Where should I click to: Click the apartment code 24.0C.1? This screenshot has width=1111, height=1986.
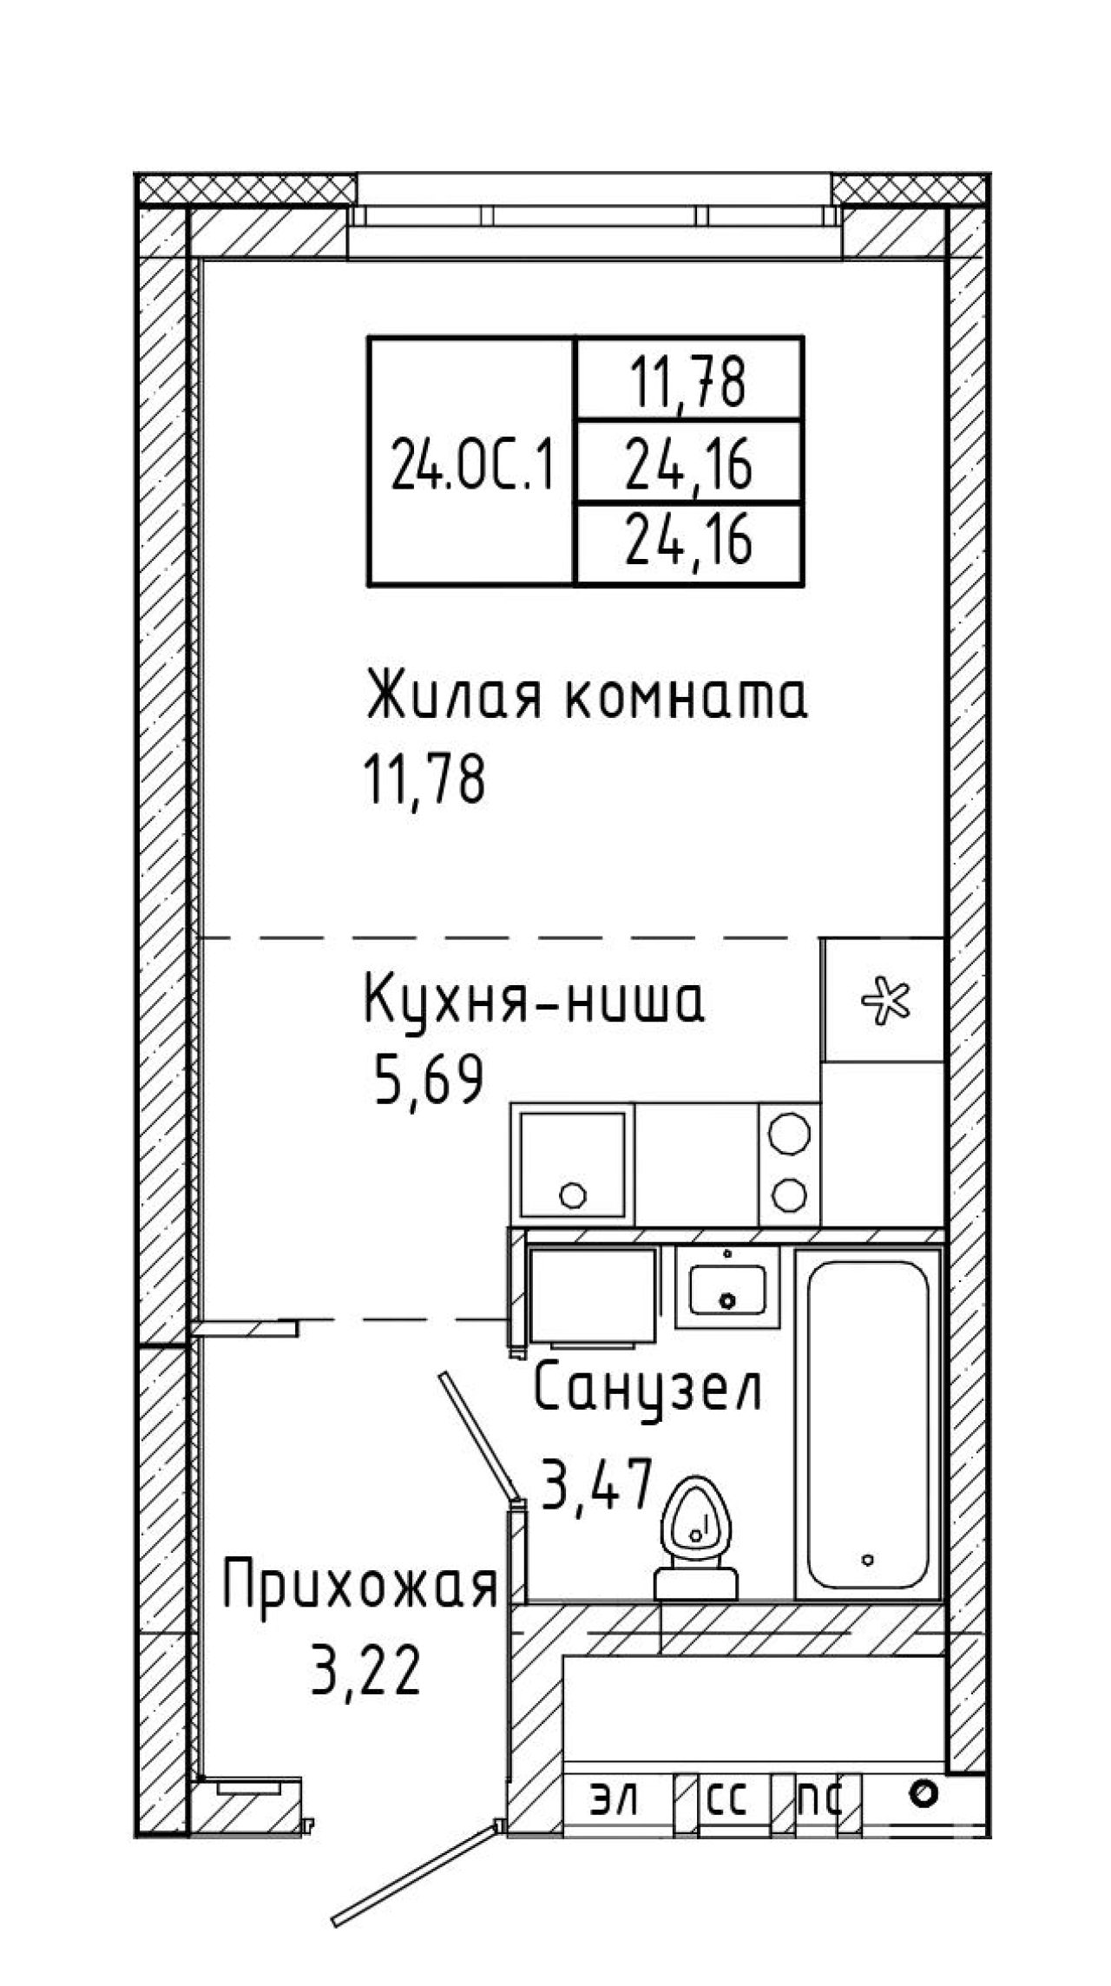[472, 464]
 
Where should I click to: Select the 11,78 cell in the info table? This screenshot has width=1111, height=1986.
[688, 382]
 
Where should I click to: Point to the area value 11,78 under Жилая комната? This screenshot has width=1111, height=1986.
[424, 779]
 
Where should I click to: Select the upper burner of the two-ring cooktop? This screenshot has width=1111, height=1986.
[790, 1133]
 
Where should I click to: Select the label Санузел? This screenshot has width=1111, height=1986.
[648, 1390]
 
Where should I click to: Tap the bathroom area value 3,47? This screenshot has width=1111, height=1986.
[596, 1483]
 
